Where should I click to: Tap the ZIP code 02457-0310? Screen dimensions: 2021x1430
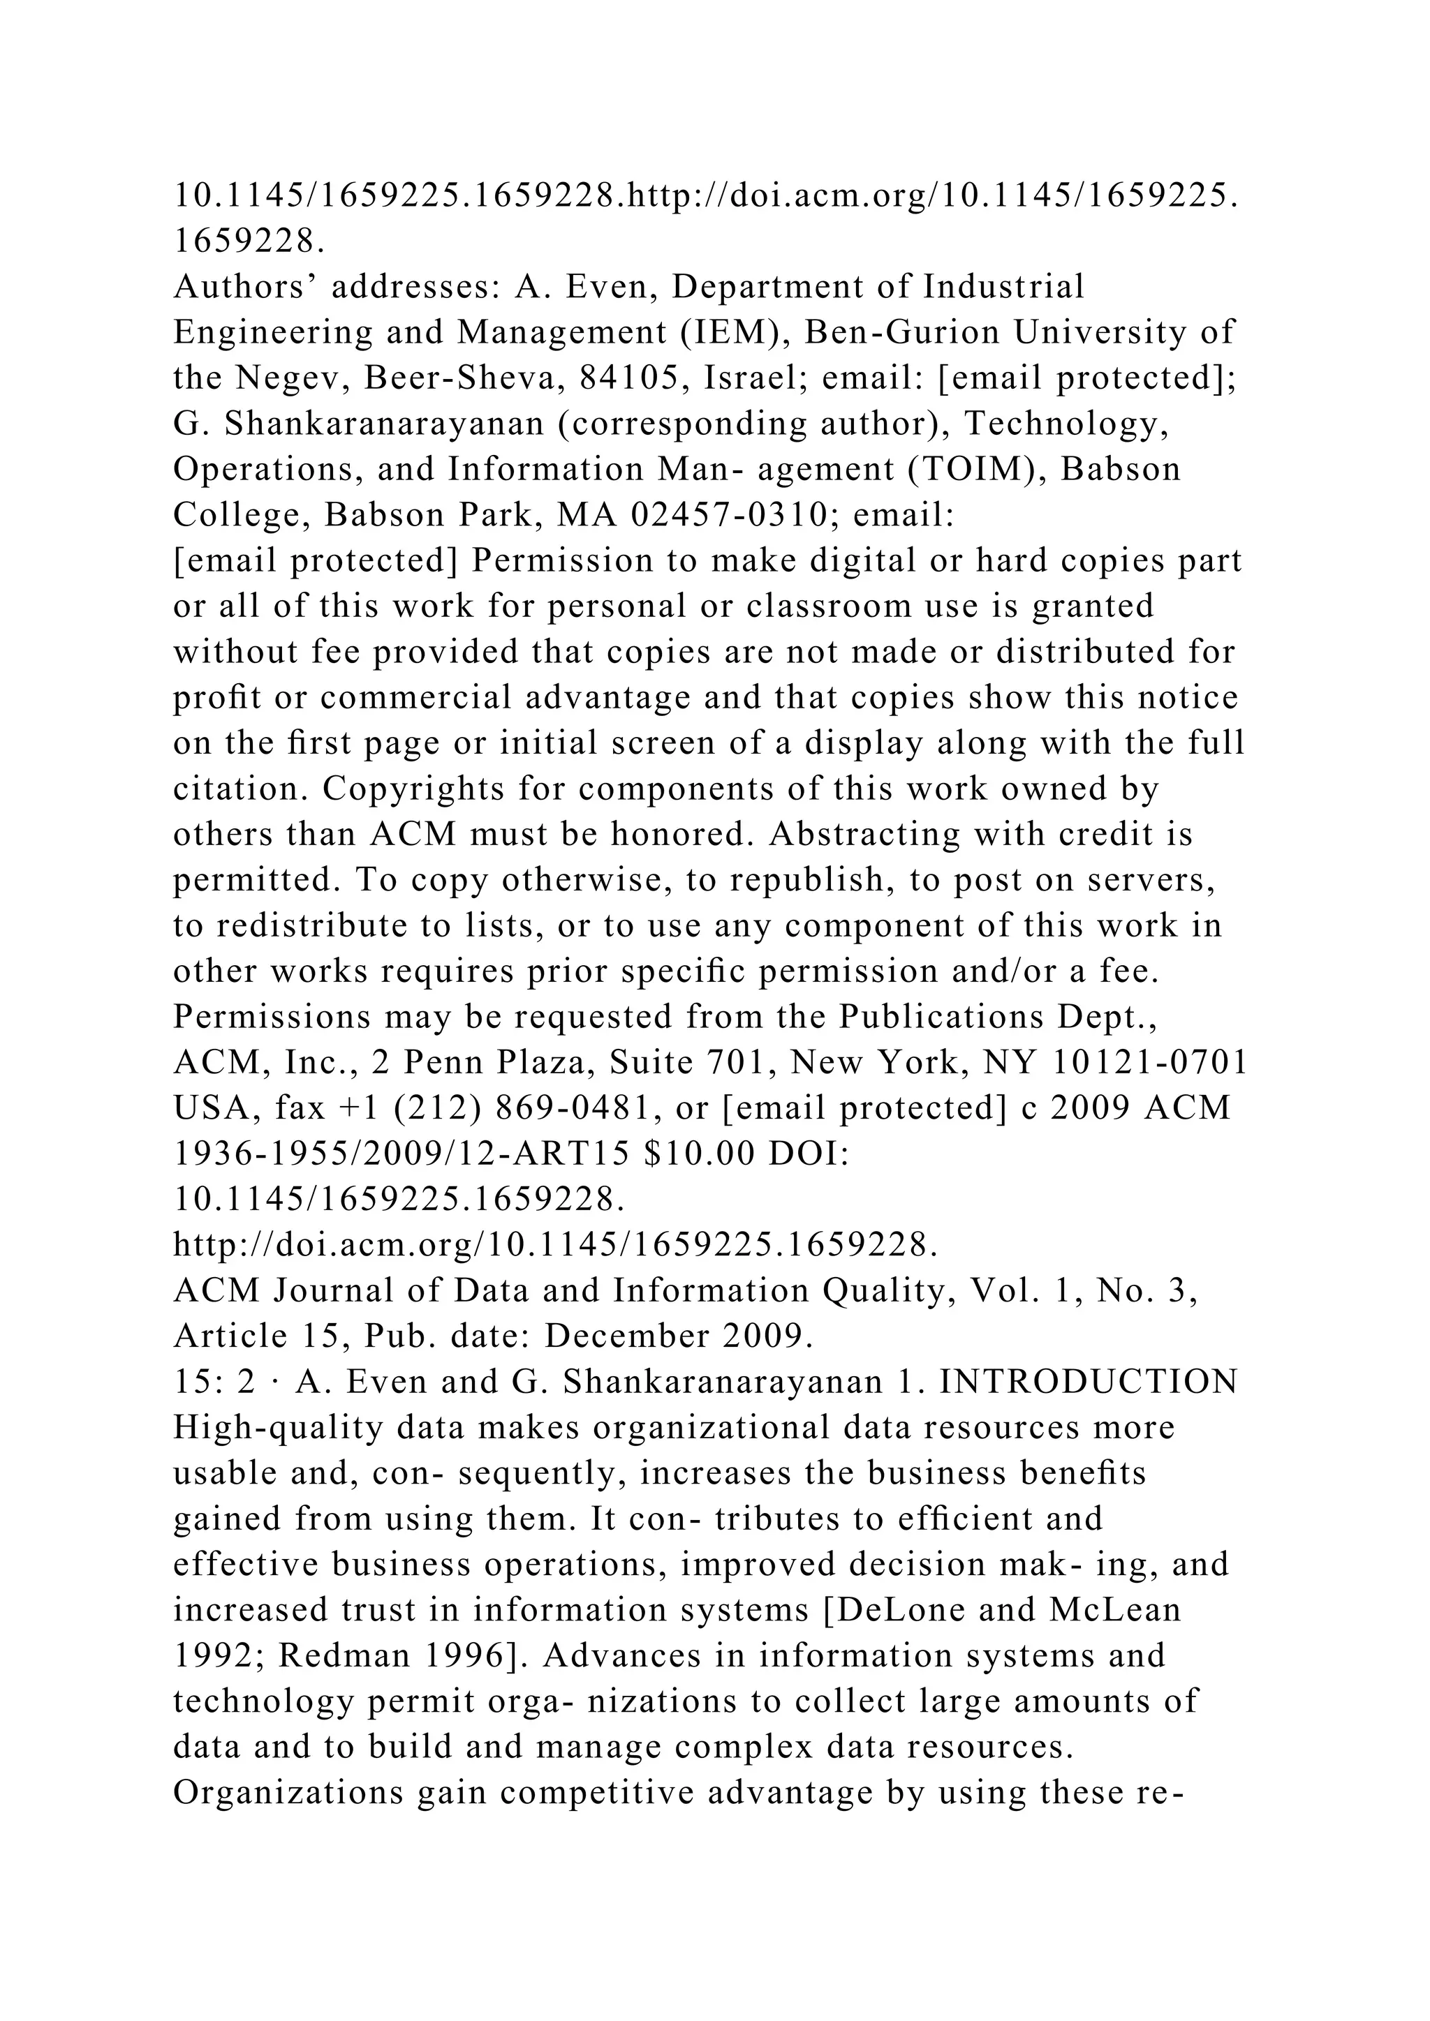tap(732, 515)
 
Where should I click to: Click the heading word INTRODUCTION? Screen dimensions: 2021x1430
tap(1089, 1382)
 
